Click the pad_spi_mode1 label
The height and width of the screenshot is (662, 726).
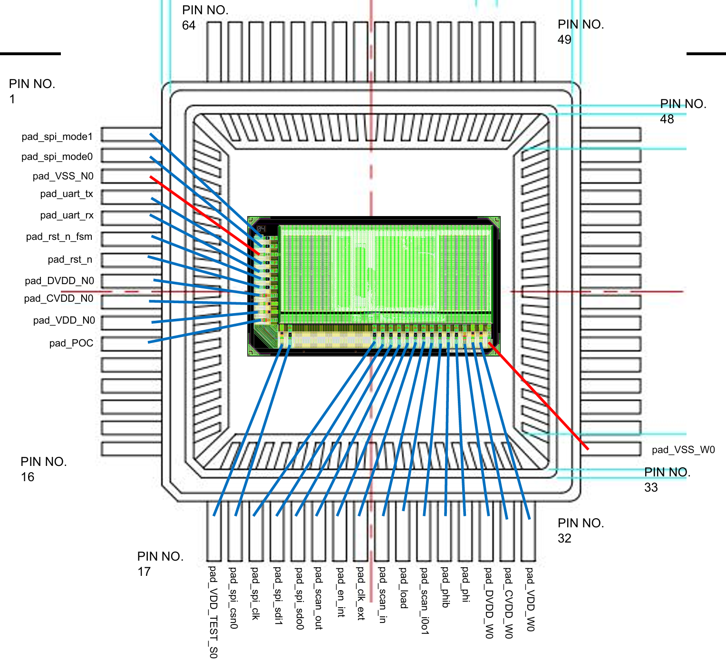[x=57, y=137]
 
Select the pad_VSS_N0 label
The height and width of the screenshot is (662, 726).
[x=63, y=176]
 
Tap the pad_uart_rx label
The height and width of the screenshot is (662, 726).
[x=67, y=215]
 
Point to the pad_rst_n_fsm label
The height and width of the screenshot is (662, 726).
[x=59, y=237]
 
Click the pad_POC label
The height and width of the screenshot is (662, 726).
[x=71, y=343]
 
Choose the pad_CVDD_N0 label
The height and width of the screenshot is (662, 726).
[x=58, y=298]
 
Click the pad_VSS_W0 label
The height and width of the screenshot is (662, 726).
[x=683, y=450]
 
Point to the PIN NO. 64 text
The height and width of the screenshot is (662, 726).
[x=205, y=18]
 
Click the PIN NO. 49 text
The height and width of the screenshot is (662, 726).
[x=581, y=32]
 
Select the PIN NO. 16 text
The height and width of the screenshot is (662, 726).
[x=43, y=469]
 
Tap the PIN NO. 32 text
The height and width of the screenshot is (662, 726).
[x=581, y=531]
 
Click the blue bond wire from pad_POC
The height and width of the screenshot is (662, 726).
[x=200, y=331]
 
